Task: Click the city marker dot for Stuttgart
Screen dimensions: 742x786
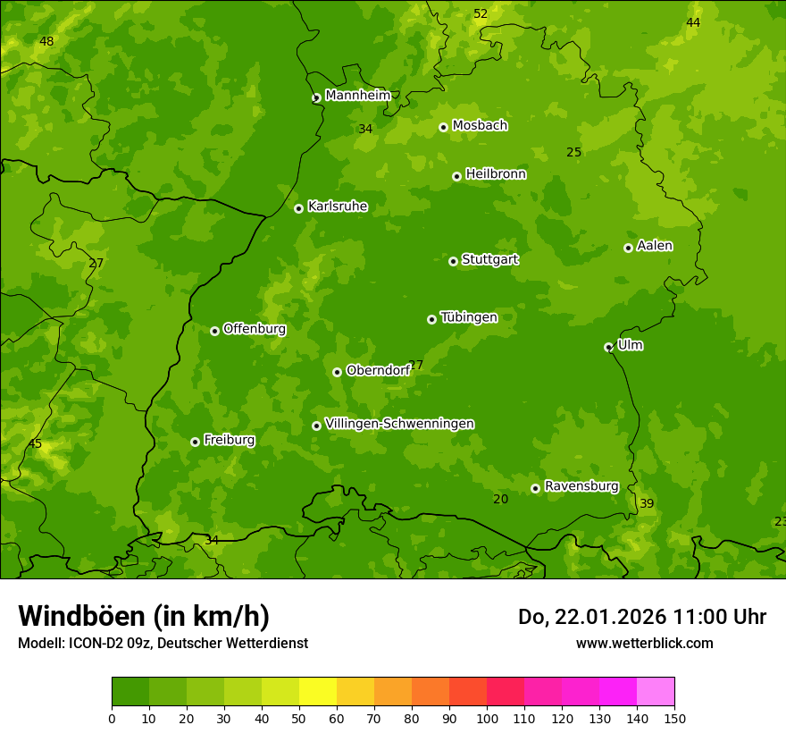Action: point(453,261)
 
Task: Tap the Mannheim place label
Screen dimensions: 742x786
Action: point(357,96)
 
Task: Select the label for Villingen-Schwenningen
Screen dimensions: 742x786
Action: point(399,424)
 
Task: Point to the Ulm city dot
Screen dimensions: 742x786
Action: point(608,347)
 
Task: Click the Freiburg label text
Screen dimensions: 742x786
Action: point(229,440)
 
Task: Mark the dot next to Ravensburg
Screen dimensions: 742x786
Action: point(535,488)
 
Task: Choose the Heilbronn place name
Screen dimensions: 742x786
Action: point(496,174)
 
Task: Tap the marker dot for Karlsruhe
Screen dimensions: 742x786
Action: point(298,208)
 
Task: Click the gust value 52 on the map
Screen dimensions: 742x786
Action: point(481,13)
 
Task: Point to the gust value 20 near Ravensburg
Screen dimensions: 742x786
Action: point(500,499)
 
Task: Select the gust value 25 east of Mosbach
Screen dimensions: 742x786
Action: point(573,153)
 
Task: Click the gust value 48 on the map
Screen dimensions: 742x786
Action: point(46,42)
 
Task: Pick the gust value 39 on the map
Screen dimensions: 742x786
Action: point(647,504)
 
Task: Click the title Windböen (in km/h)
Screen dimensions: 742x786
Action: point(144,616)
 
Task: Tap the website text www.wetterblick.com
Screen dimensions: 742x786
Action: point(644,643)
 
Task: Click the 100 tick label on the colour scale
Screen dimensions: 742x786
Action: point(487,718)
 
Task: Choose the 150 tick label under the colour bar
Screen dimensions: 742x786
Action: point(673,718)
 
